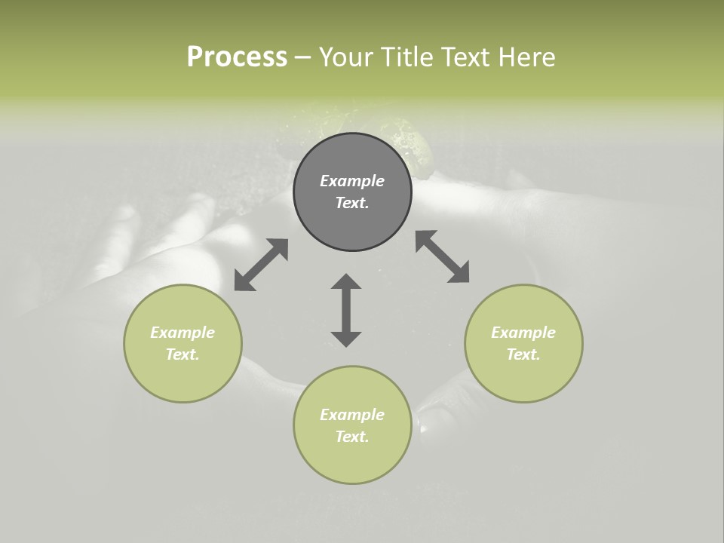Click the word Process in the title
tap(237, 57)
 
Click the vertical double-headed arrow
tap(346, 310)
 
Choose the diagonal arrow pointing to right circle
tap(443, 257)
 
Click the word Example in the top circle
tap(352, 181)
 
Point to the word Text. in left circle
tap(183, 354)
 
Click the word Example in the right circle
tap(523, 333)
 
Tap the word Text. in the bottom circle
tap(352, 437)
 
